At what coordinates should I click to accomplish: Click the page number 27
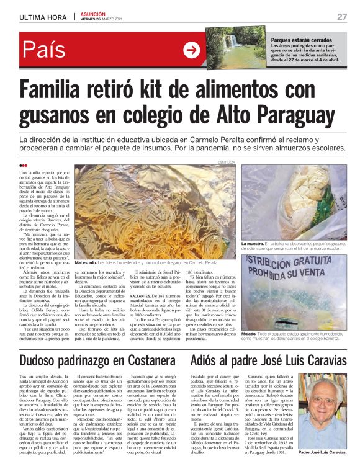coord(341,17)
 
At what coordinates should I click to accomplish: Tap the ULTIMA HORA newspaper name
coord(43,17)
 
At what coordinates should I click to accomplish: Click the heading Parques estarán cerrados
coord(301,40)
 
